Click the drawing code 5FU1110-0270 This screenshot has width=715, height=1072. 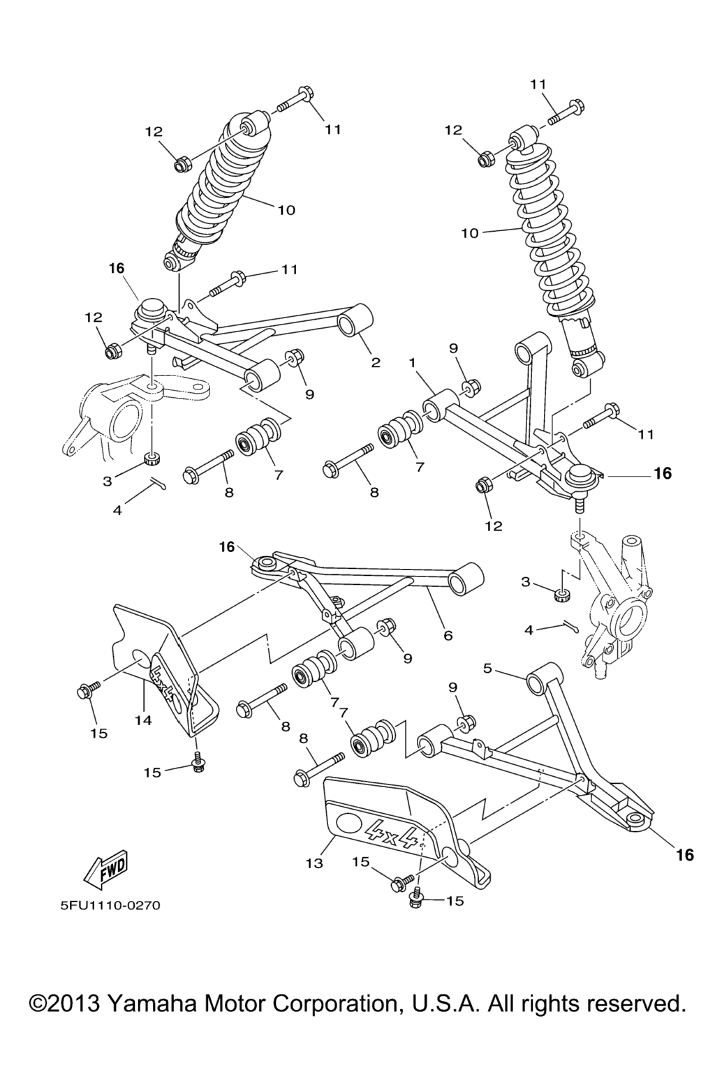110,906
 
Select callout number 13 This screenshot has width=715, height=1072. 314,863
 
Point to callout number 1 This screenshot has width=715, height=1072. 412,363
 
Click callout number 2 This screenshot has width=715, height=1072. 375,363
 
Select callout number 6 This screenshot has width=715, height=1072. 448,635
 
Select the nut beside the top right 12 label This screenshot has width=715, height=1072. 485,158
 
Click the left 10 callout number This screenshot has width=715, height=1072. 286,210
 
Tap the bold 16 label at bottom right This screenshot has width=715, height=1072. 684,854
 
